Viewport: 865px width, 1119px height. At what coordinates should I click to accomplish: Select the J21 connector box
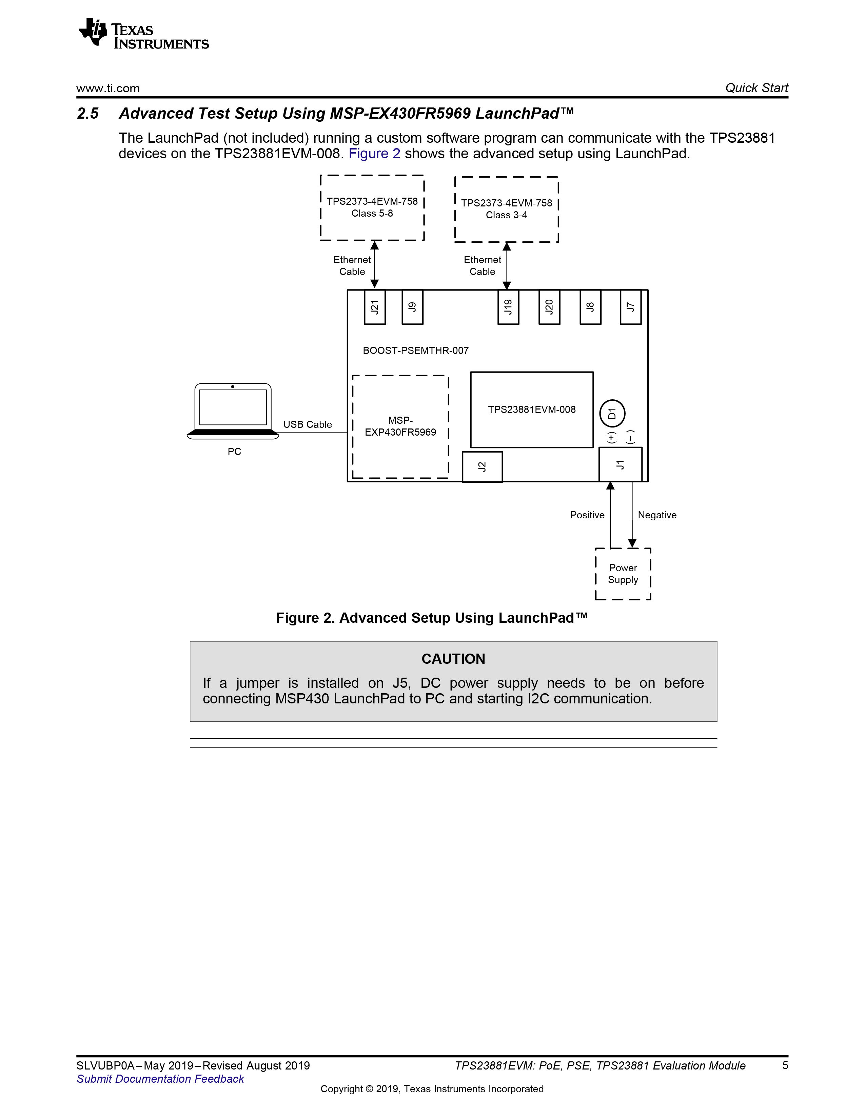coord(375,307)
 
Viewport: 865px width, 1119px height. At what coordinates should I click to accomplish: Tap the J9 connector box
coord(413,307)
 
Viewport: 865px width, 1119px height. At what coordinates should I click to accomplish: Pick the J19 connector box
coord(508,307)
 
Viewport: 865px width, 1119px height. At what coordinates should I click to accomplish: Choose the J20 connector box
coord(549,307)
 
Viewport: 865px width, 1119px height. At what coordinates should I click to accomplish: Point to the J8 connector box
coord(590,307)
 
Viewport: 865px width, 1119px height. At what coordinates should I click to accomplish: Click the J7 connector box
coord(631,307)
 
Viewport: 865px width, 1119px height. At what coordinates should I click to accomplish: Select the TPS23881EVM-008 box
coord(532,410)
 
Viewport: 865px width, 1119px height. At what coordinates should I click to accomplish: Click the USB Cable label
coord(308,424)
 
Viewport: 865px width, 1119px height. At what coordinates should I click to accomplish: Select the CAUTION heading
coord(453,659)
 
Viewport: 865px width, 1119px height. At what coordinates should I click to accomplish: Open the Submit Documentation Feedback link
coord(160,1079)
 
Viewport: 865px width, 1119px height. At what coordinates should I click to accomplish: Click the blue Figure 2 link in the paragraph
coord(375,154)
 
